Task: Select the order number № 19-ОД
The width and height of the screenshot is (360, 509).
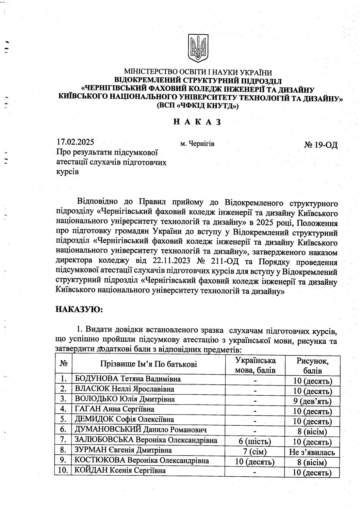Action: (x=321, y=145)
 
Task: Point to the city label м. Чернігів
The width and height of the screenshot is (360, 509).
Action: (x=197, y=144)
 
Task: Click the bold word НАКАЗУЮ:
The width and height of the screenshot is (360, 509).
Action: (x=79, y=309)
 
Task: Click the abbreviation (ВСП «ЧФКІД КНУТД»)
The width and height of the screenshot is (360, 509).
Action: (x=197, y=106)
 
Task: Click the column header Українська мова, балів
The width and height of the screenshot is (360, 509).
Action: (x=255, y=364)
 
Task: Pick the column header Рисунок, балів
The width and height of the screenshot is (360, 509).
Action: (x=313, y=364)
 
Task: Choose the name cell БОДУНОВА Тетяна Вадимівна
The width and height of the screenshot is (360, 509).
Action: (x=128, y=379)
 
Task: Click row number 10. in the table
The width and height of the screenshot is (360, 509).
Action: (x=63, y=471)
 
